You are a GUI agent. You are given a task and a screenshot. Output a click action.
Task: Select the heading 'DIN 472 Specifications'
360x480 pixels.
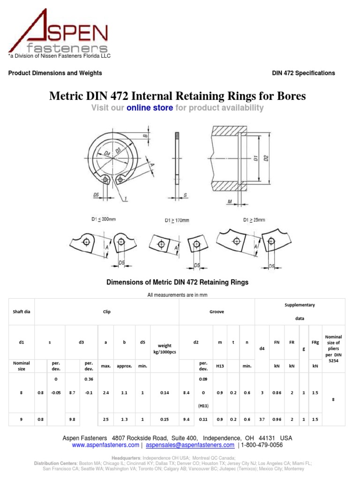tap(303, 73)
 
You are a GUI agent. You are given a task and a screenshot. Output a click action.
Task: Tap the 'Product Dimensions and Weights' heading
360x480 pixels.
tap(55, 73)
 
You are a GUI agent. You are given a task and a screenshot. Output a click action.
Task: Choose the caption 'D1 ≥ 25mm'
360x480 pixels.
tap(254, 219)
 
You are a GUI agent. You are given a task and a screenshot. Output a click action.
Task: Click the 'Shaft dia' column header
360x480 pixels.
tap(22, 311)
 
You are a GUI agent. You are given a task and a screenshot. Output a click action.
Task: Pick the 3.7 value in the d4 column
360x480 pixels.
tap(262, 420)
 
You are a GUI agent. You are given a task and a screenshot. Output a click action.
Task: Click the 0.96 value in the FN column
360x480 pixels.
tap(277, 420)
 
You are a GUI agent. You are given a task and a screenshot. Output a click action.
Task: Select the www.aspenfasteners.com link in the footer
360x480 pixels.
tap(105, 445)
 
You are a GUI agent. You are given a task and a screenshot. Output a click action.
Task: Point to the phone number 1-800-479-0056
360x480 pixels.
tap(262, 445)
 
